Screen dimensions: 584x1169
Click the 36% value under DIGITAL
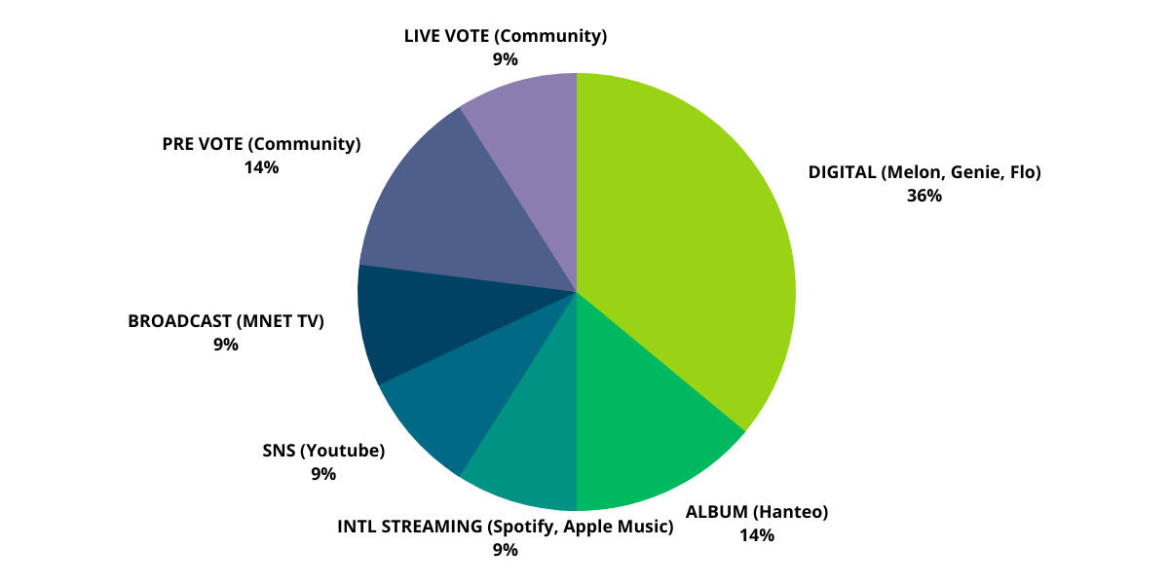(x=924, y=196)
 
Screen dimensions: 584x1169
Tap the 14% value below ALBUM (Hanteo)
(x=756, y=534)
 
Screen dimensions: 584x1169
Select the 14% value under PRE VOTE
(x=261, y=167)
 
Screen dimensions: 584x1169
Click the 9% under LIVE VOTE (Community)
(x=505, y=59)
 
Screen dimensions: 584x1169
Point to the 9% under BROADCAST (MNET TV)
(x=226, y=344)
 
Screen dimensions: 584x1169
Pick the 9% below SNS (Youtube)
(x=323, y=474)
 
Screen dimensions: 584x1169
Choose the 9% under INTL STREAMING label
(x=505, y=550)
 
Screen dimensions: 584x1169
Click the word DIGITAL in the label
(x=842, y=173)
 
